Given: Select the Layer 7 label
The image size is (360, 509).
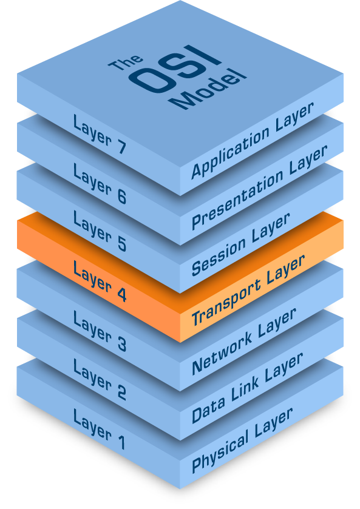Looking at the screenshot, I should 99,134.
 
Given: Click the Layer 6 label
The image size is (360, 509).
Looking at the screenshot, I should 99,183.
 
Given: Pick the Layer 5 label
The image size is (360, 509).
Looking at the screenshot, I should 99,233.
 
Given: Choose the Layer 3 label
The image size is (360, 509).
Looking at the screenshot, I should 99,331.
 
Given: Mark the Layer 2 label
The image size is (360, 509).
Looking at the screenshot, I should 99,380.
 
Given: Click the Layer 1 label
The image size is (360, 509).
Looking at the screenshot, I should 99,430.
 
